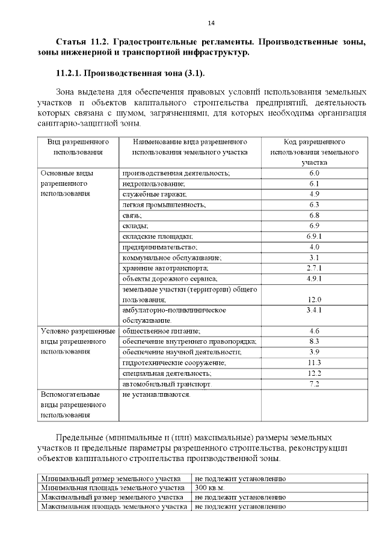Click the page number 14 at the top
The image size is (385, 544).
[x=211, y=23]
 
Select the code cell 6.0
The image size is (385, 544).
[x=314, y=173]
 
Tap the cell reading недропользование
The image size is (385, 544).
[x=153, y=183]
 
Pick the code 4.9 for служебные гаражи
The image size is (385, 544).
[x=314, y=194]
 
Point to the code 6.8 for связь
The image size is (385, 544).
[x=314, y=215]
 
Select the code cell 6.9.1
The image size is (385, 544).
[x=314, y=237]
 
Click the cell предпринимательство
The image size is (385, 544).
[x=159, y=247]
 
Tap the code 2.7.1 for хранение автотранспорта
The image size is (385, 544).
[x=314, y=268]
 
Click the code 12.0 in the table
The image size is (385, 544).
[x=314, y=299]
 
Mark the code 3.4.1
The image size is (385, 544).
[x=314, y=310]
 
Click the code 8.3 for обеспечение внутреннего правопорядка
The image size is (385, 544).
[x=314, y=341]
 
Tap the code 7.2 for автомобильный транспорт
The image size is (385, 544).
[x=314, y=384]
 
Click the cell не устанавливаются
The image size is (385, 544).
[x=156, y=395]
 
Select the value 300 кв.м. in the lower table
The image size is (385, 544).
[x=209, y=487]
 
